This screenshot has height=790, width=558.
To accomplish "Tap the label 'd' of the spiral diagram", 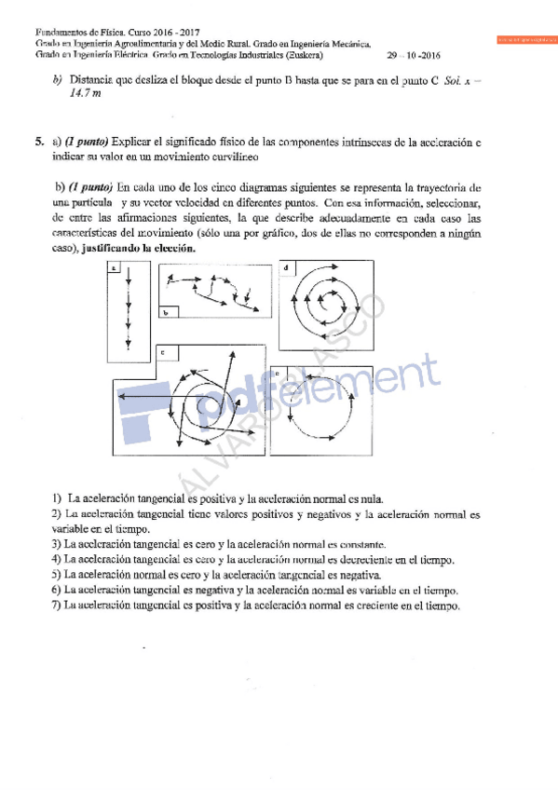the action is point(285,268).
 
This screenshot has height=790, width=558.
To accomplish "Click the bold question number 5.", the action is point(40,143).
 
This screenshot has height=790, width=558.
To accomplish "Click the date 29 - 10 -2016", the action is point(416,55).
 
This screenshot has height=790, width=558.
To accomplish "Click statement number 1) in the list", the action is point(57,499).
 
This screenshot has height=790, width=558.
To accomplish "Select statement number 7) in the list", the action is point(57,606).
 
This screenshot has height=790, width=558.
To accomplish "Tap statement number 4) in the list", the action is point(57,560).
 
